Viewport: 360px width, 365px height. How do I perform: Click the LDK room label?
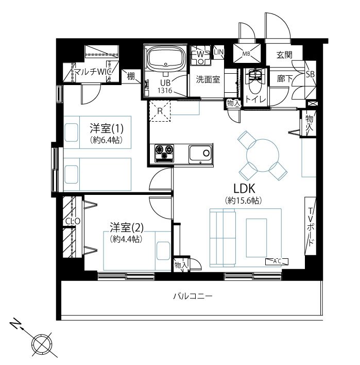tap(244, 189)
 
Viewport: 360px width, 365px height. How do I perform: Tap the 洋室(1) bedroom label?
tap(107, 128)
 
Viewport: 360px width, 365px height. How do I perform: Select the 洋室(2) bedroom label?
tap(127, 228)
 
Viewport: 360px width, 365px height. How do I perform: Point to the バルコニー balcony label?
tap(193, 296)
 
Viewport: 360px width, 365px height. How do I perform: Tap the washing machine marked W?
tap(200, 55)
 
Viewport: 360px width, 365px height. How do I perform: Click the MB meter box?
tap(247, 54)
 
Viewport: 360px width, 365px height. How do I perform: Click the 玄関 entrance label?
tap(284, 55)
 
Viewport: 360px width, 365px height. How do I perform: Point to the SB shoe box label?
tap(311, 74)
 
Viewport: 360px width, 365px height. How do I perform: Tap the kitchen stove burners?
tap(164, 153)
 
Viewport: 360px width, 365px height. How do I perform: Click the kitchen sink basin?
tap(200, 154)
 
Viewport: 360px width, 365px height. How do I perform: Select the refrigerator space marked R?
tap(160, 111)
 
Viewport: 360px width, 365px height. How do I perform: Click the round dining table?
tap(263, 156)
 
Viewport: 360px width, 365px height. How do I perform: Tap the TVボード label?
tap(311, 226)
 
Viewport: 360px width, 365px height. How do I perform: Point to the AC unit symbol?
tap(277, 261)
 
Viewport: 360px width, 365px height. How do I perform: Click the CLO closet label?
tap(73, 221)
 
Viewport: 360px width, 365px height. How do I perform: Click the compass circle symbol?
tap(42, 344)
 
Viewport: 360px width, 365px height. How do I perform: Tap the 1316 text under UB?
tap(165, 91)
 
